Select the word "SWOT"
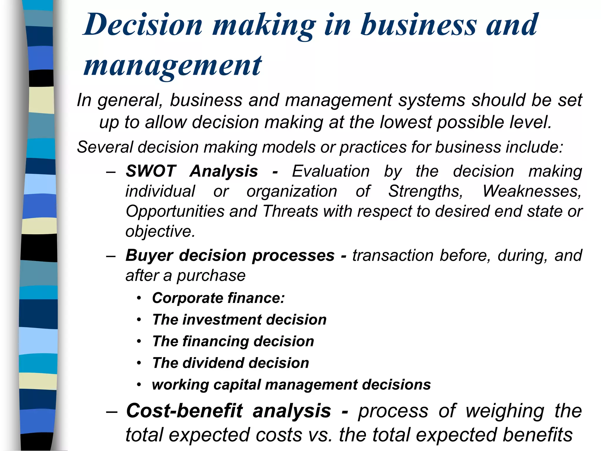(x=151, y=171)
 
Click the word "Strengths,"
(x=426, y=191)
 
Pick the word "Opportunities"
(x=175, y=211)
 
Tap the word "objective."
(x=160, y=231)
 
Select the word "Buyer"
(x=149, y=255)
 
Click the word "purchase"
(x=211, y=276)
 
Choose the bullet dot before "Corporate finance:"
(x=139, y=298)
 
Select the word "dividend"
(x=213, y=363)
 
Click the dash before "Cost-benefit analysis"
(x=112, y=411)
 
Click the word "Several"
(x=105, y=147)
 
